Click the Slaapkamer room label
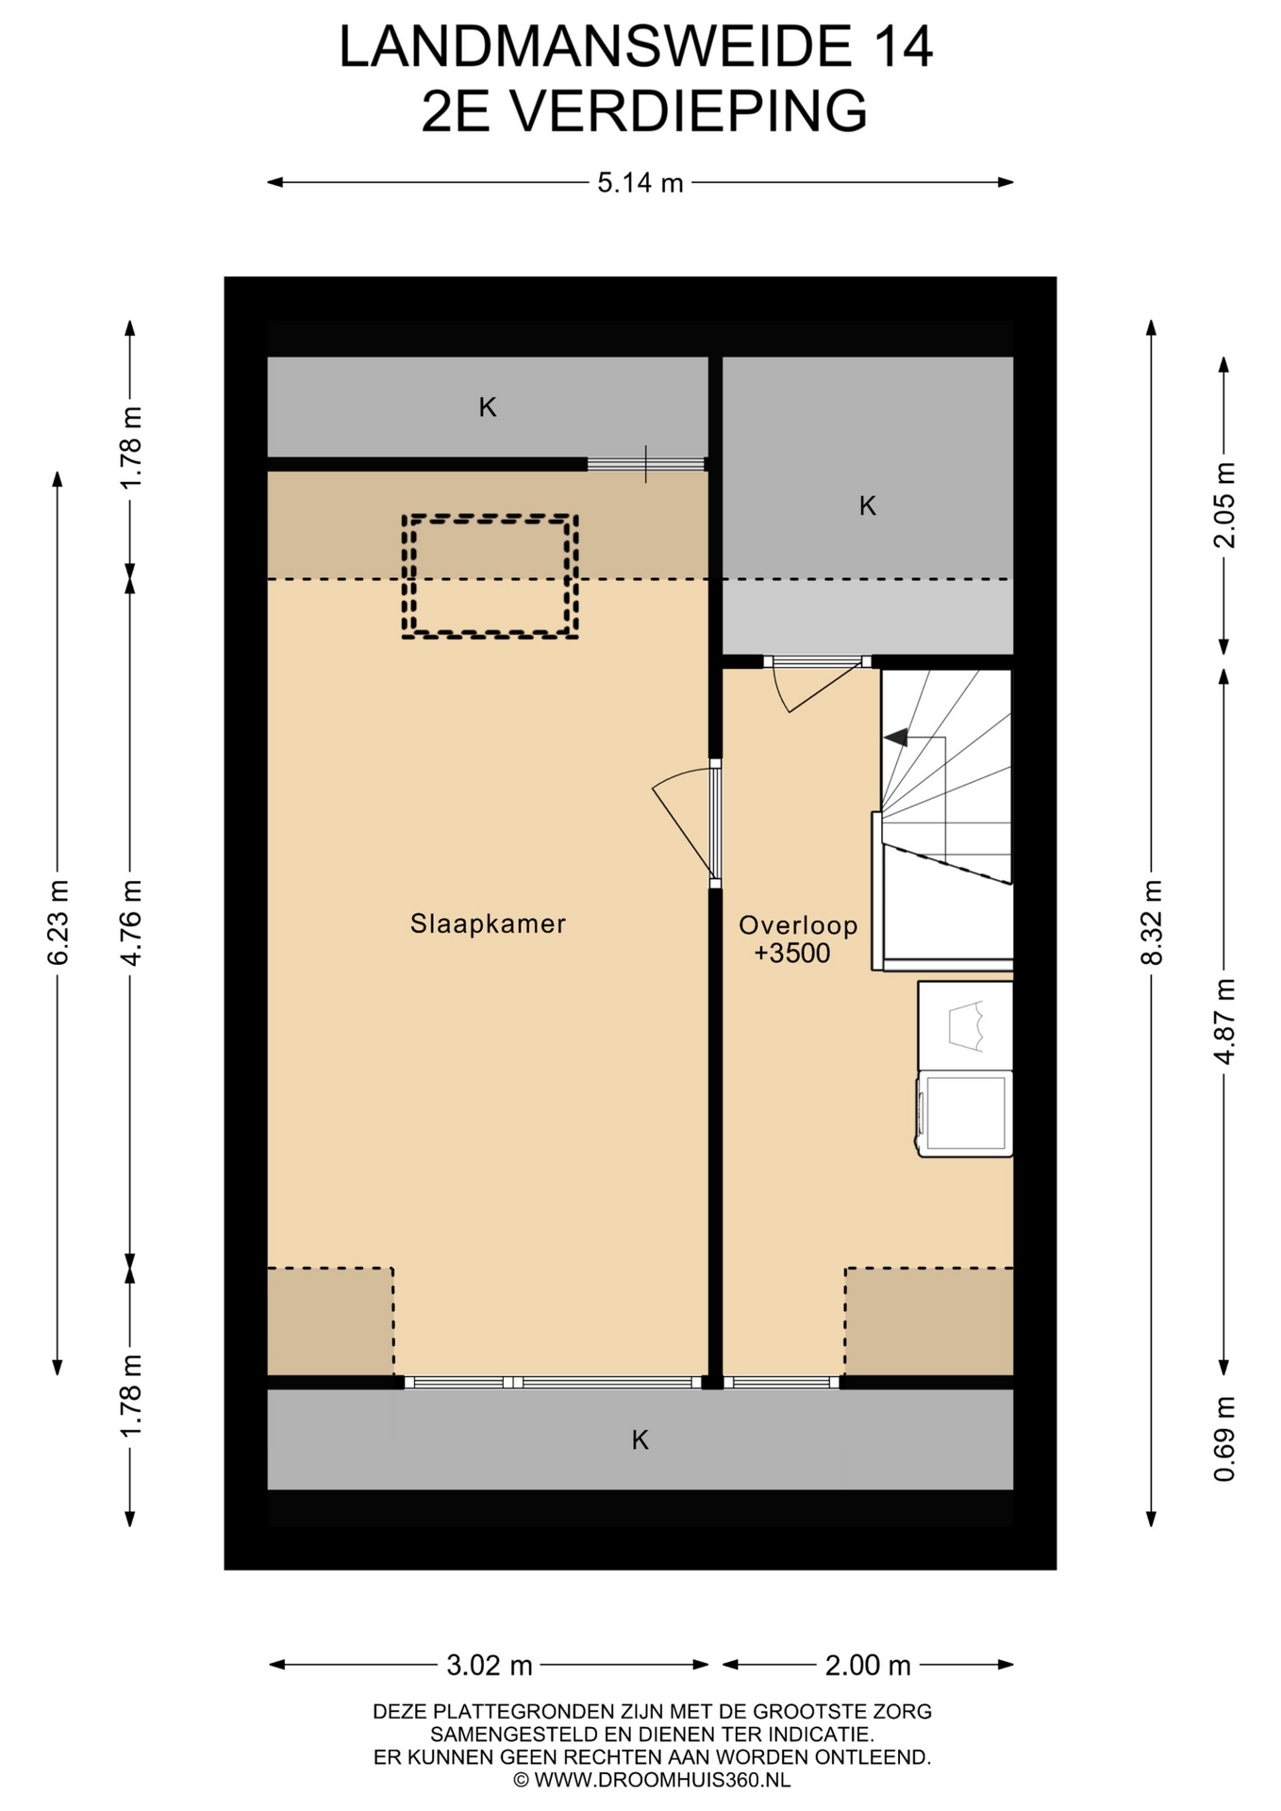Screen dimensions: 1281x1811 488,923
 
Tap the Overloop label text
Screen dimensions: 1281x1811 798,925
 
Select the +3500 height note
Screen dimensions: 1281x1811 792,954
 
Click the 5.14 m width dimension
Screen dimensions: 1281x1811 640,183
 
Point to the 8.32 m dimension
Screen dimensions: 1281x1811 1151,922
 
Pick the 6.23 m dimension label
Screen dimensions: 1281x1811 58,922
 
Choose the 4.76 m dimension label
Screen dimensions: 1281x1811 131,922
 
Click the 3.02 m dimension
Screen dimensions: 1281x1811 490,1666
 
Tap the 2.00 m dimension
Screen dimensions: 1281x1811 868,1666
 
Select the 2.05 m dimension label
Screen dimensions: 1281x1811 1224,505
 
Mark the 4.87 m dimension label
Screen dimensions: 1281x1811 1224,1022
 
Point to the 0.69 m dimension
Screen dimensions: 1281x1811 1224,1439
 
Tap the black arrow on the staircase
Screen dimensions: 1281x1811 896,738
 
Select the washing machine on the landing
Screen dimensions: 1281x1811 965,1114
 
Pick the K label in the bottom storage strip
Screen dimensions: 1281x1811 640,1440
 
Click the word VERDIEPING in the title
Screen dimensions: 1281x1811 689,111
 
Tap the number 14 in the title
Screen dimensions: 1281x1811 903,46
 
